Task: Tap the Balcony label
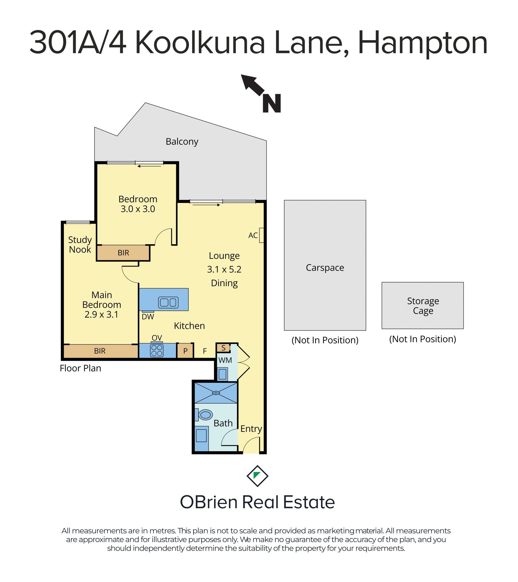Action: click(x=182, y=142)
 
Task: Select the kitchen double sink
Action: click(x=168, y=302)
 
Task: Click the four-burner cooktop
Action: click(x=157, y=350)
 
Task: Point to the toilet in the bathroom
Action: click(x=204, y=415)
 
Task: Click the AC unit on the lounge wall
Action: click(x=261, y=235)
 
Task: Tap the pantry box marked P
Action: click(x=185, y=351)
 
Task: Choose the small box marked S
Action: click(x=223, y=348)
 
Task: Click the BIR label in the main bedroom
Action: click(x=100, y=351)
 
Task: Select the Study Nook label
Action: click(x=80, y=244)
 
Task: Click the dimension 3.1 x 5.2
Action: click(x=224, y=269)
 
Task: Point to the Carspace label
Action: click(x=325, y=268)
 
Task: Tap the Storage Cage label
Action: click(x=423, y=306)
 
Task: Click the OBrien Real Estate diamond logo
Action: click(x=257, y=476)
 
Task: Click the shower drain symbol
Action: click(x=216, y=393)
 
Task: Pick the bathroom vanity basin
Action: click(x=201, y=436)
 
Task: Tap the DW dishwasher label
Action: click(x=148, y=317)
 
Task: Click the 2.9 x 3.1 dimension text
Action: click(x=101, y=314)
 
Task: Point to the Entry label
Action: click(x=251, y=429)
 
